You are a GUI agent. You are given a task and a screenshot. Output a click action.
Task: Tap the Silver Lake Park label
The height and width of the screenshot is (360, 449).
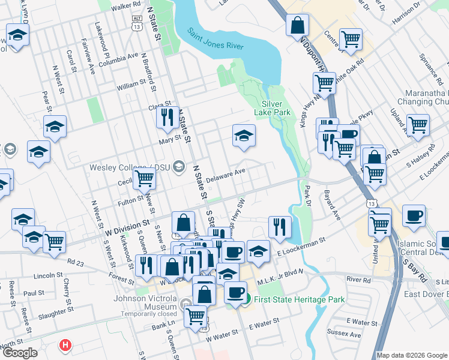point(276,108)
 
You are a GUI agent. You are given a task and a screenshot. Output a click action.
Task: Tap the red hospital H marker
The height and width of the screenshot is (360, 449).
point(65,346)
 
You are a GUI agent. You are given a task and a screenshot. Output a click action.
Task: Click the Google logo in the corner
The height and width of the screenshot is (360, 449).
point(20,352)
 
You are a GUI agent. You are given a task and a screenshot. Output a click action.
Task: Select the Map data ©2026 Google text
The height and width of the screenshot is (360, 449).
point(411,355)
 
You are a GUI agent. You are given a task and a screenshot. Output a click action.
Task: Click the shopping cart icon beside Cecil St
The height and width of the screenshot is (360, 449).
point(144,177)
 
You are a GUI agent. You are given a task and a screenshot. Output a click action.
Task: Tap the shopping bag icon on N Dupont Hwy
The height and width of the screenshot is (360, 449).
point(297,26)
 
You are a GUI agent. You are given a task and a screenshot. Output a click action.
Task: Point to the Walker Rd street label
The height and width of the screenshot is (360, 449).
point(125,5)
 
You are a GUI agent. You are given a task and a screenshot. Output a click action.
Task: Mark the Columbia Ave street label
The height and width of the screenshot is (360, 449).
point(118,60)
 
